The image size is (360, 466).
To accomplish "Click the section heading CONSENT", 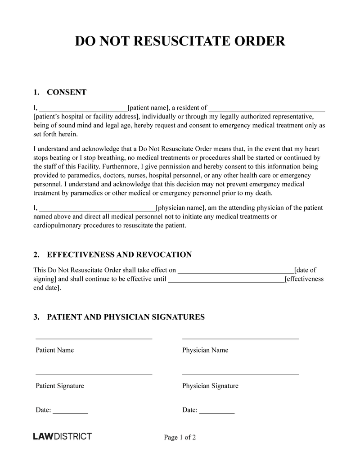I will pos(67,92).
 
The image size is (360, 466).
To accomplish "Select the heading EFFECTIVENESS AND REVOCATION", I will pos(119,255).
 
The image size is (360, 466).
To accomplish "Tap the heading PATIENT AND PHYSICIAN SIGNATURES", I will pos(126,317).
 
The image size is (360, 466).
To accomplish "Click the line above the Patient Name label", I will pos(94,338).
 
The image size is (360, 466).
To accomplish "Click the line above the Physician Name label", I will pos(240,338).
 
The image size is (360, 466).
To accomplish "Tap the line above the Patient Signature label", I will pos(94,374).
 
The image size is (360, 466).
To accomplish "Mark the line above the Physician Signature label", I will pos(240,374).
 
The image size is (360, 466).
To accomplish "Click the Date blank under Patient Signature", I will pos(70,412).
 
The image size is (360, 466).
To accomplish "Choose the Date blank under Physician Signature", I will pos(217,412).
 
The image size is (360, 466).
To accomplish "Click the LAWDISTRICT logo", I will pos(63,436).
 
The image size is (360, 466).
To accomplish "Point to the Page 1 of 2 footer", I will pos(180,437).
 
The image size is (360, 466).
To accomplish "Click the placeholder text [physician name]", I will pos(180,208).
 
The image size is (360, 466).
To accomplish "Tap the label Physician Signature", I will pos(210,386).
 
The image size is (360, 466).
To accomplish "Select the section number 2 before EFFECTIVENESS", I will pos(36,255).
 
